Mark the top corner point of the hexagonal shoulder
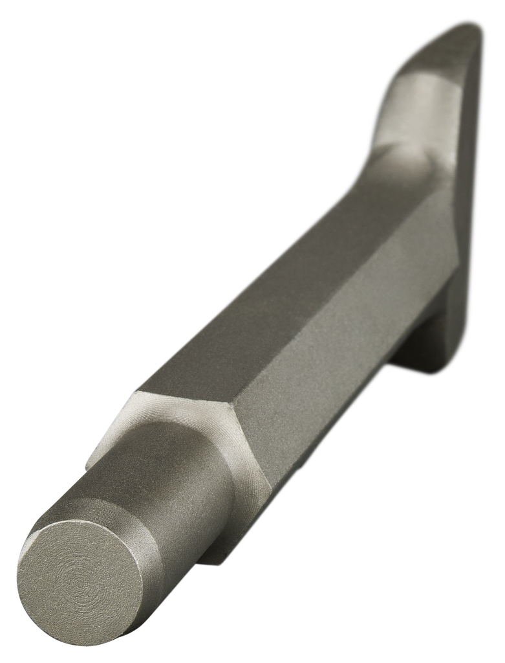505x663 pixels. click(138, 392)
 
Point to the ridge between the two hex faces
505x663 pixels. click(323, 291)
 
